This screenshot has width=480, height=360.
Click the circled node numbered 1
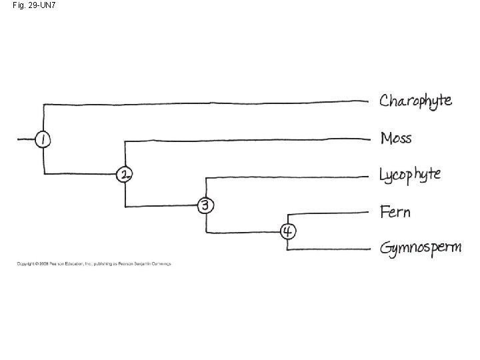(x=43, y=139)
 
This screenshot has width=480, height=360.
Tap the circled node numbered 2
(x=125, y=175)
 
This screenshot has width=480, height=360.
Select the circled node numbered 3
(x=206, y=205)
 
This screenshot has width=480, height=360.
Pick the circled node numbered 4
(x=287, y=231)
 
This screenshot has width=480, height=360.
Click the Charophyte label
(x=415, y=101)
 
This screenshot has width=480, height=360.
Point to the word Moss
(x=396, y=138)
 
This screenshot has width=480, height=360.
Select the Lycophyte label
(x=410, y=175)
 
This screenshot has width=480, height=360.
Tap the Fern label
(x=395, y=212)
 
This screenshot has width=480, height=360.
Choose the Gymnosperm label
(x=420, y=249)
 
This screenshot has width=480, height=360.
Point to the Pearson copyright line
(x=94, y=263)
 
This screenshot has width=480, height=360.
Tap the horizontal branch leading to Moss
(x=247, y=140)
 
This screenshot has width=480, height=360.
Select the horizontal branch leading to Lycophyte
(x=287, y=177)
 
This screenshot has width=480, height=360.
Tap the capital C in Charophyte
(x=385, y=101)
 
